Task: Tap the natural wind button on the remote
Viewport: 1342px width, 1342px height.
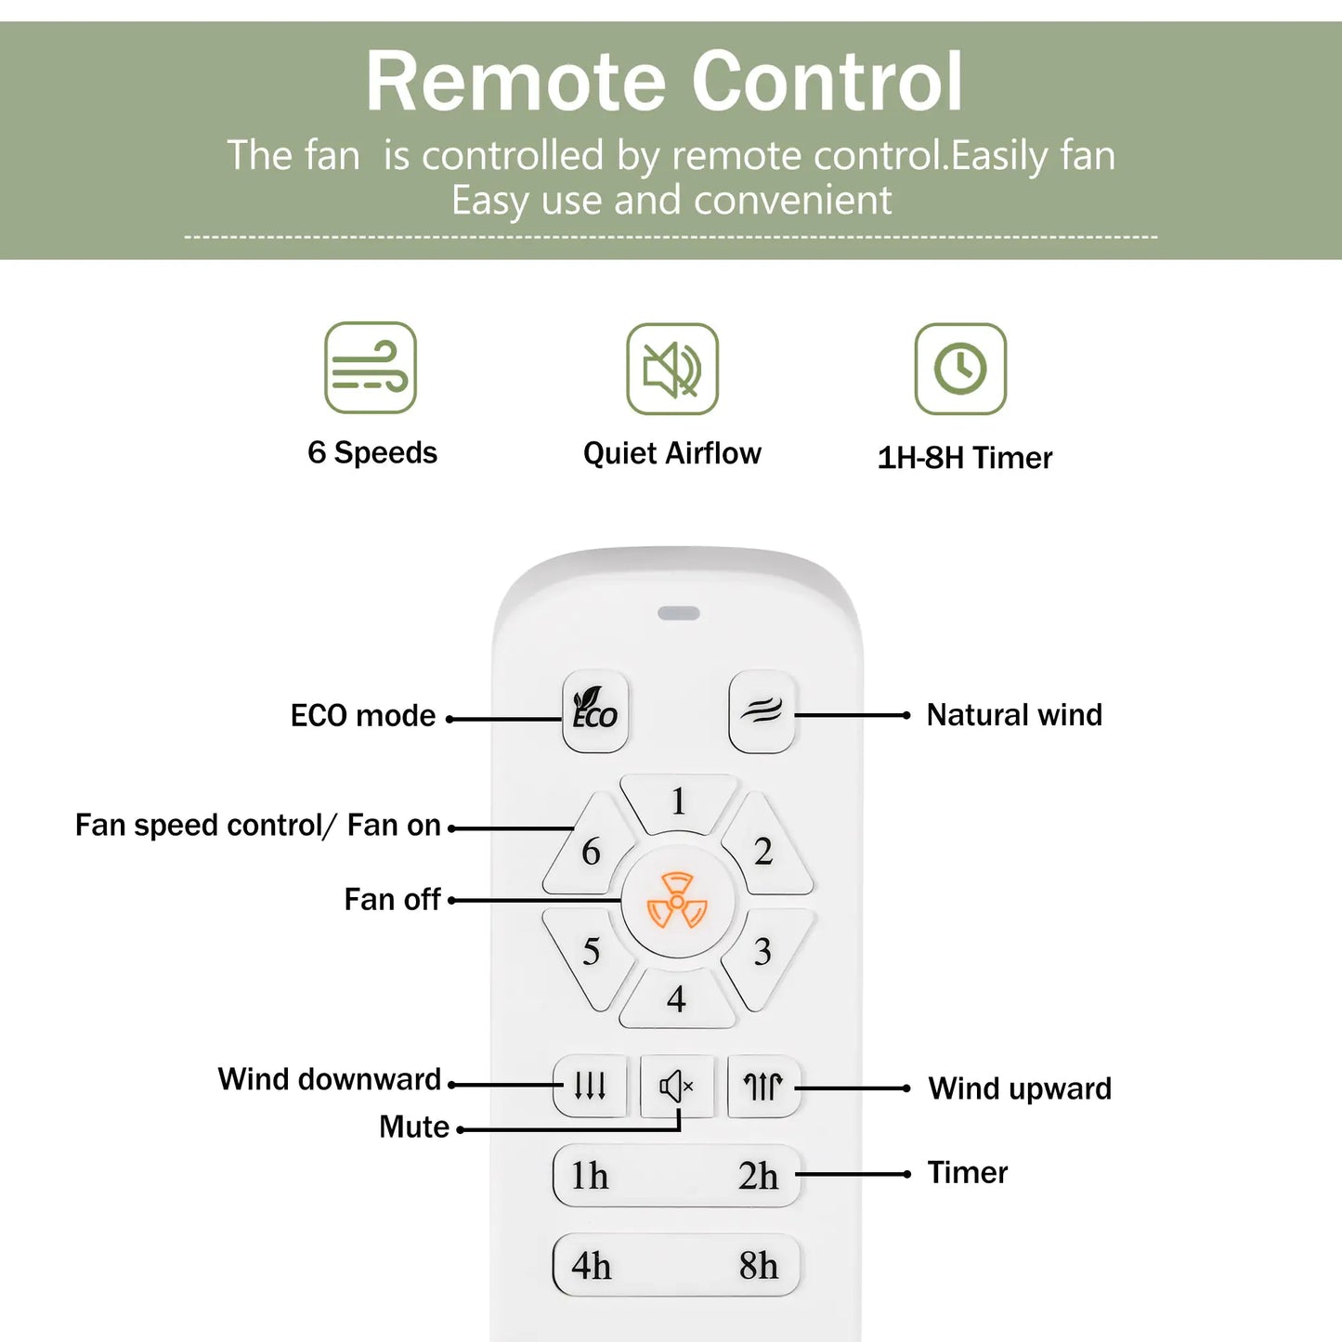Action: [762, 711]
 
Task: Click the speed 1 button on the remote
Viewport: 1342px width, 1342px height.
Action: [679, 801]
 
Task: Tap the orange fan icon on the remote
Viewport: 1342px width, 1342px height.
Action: [677, 901]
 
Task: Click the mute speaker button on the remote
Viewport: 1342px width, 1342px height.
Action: [676, 1086]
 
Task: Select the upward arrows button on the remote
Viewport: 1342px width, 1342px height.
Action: [762, 1086]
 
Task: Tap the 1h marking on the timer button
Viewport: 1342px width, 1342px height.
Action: [590, 1176]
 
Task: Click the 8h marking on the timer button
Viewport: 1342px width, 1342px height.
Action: [758, 1266]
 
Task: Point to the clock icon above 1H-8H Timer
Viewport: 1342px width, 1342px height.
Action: [960, 369]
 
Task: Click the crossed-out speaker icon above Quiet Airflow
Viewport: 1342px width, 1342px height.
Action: [672, 369]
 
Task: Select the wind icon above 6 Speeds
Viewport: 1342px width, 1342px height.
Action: [371, 368]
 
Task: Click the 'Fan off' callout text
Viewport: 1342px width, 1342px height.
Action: [392, 899]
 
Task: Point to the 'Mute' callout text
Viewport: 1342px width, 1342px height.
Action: [414, 1127]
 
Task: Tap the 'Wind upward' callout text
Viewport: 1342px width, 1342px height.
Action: [1020, 1088]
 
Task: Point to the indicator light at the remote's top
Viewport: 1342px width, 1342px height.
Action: [679, 613]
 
